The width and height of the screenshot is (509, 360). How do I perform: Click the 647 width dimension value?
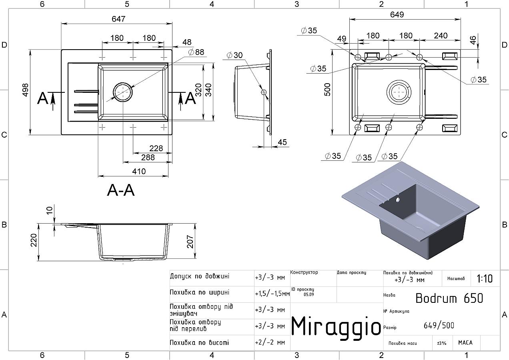118,19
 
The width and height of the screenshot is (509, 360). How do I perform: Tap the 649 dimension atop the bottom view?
397,15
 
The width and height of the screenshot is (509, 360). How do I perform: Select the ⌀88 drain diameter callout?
196,52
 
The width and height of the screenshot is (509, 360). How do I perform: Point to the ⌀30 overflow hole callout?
234,55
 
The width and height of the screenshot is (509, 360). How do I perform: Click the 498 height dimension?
26,90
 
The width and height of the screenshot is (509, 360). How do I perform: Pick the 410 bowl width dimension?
139,172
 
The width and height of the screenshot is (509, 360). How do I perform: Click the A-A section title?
121,190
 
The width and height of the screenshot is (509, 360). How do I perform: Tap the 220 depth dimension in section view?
34,240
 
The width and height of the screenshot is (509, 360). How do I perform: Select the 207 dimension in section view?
190,242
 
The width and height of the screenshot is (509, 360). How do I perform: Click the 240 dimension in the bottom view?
441,36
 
